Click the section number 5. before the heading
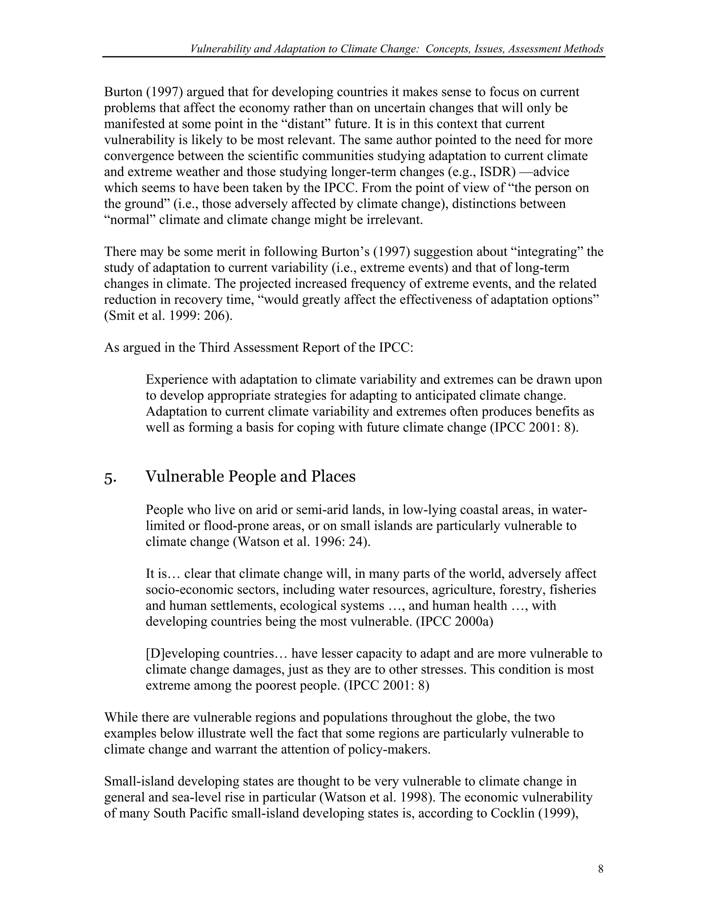110,478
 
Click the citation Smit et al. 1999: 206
168,316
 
